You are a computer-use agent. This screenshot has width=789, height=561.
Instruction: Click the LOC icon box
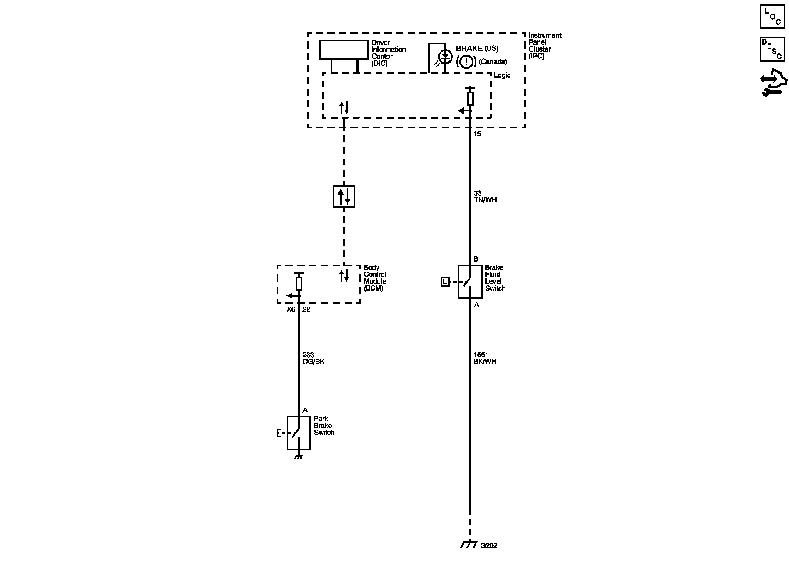772,17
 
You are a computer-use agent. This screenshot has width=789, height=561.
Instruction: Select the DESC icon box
772,49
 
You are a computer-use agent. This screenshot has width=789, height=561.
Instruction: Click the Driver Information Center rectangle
344,50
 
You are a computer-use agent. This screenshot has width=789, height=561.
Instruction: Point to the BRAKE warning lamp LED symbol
446,56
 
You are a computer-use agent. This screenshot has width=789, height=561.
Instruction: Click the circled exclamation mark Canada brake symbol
466,62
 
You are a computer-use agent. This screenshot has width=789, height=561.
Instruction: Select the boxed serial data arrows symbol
344,196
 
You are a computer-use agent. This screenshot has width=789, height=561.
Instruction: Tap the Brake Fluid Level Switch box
470,282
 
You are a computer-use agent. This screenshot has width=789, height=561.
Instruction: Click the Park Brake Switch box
299,433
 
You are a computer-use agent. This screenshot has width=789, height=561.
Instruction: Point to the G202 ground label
489,546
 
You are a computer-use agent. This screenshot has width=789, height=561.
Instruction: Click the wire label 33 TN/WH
485,196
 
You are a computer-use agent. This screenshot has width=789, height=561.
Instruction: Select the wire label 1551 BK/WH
485,358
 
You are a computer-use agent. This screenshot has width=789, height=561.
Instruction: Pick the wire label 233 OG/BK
313,358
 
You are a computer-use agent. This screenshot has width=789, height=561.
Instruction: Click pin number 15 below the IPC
477,134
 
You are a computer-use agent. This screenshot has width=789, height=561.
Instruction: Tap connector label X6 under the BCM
291,309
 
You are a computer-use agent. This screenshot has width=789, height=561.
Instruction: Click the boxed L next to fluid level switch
445,282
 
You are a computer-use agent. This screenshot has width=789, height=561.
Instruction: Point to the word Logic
502,75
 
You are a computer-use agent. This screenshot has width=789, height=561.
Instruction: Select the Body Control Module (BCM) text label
375,278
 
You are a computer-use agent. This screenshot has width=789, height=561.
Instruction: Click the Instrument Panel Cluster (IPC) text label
544,46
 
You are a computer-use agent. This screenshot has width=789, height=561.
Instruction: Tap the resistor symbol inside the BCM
299,284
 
